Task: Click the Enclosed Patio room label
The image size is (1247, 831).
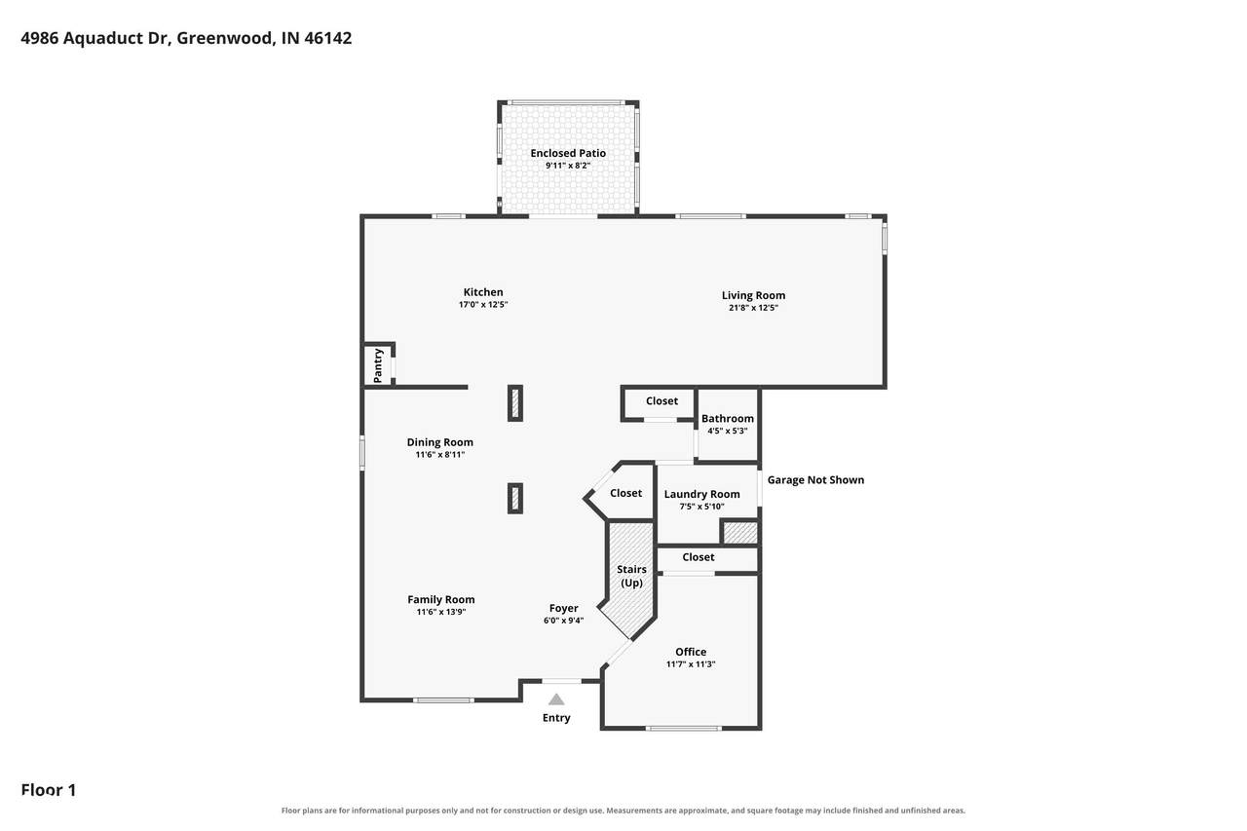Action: [568, 153]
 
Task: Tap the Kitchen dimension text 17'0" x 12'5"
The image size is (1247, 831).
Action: [483, 305]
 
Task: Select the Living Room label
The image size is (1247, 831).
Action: [753, 295]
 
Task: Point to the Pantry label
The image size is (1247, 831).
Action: [378, 365]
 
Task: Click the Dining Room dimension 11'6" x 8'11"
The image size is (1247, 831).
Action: [439, 455]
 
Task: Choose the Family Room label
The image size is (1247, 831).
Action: [441, 599]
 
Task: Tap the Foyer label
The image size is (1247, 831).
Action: [563, 608]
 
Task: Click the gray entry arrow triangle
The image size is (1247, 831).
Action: [556, 699]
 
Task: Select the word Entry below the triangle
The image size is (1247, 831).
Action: [556, 718]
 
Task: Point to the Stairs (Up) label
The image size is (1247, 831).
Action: [631, 576]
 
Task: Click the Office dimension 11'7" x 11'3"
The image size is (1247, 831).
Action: [691, 664]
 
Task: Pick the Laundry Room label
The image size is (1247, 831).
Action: [701, 494]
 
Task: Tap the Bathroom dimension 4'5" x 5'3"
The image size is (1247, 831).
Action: [727, 431]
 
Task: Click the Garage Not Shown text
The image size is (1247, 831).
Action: [815, 479]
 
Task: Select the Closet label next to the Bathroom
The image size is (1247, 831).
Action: [661, 400]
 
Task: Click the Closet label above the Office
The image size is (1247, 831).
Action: [699, 557]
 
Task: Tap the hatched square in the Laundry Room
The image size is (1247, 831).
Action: [740, 533]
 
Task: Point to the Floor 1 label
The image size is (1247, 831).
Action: [49, 790]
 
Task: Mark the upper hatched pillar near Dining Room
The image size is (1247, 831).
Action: [515, 403]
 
